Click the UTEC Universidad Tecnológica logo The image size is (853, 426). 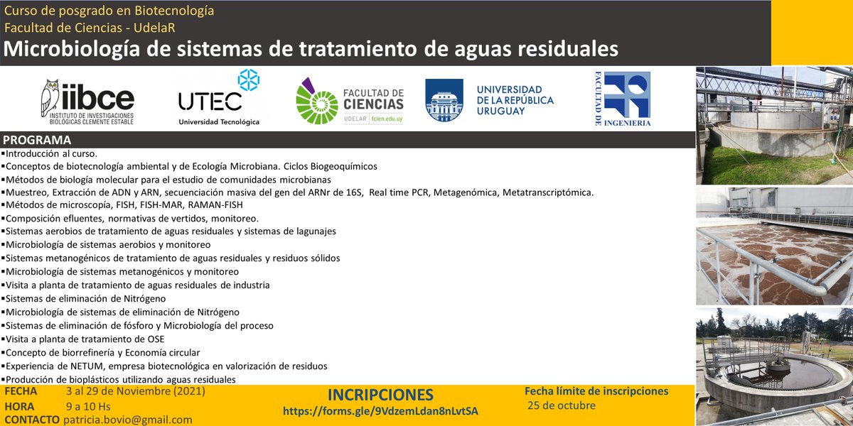tap(219, 99)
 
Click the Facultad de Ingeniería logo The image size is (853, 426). tap(623, 99)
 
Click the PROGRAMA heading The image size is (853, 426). tap(37, 140)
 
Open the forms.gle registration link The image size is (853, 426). tap(380, 411)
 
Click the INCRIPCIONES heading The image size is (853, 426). tap(380, 395)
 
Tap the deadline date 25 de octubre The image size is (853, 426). tap(562, 405)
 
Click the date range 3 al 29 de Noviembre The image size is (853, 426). tap(135, 391)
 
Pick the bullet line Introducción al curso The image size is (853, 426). tap(50, 153)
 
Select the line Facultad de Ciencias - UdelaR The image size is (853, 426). tap(90, 28)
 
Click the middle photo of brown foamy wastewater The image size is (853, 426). tap(774, 245)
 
